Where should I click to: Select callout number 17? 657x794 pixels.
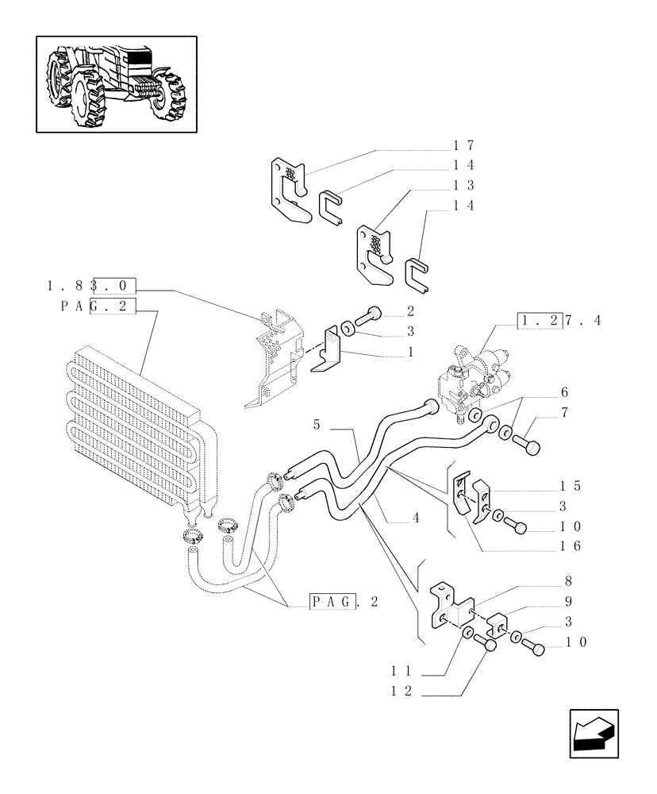pyautogui.click(x=463, y=145)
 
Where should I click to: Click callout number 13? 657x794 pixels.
pyautogui.click(x=463, y=185)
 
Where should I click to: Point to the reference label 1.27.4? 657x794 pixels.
pyautogui.click(x=559, y=321)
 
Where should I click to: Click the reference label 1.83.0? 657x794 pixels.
pyautogui.click(x=91, y=285)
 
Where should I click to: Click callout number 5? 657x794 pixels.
pyautogui.click(x=317, y=426)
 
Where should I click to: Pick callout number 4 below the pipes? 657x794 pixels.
pyautogui.click(x=416, y=518)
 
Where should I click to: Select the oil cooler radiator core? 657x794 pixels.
pyautogui.click(x=131, y=429)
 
